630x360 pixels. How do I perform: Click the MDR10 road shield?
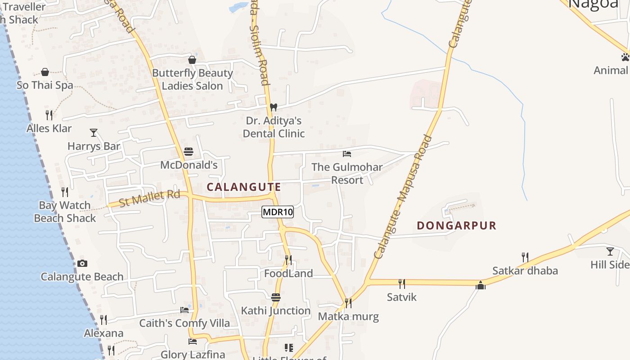coord(278,212)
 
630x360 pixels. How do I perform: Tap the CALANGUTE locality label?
coord(243,187)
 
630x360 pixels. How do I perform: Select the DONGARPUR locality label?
coord(456,225)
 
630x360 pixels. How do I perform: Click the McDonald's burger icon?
coord(189,152)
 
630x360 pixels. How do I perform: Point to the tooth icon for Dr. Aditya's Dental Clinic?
coord(273,107)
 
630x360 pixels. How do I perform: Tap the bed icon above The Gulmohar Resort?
coord(346,154)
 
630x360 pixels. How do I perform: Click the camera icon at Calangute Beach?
coord(82,263)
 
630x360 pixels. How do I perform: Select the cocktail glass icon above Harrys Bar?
coord(94,132)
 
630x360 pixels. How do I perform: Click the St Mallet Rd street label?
coord(149,198)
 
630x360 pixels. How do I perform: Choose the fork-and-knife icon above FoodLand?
coord(288,260)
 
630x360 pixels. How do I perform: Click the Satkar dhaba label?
coord(525,270)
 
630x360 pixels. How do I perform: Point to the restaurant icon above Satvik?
coord(401,283)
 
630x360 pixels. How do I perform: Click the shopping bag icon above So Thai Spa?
coord(45,72)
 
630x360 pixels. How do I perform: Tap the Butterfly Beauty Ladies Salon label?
coord(192,79)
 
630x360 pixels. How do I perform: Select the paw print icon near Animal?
coord(625,57)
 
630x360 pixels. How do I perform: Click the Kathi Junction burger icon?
coord(276,297)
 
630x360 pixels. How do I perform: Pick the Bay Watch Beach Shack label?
coord(65,211)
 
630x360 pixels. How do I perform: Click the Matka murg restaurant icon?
coord(348,303)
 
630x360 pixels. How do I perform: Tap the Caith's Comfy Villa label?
coord(184,323)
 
